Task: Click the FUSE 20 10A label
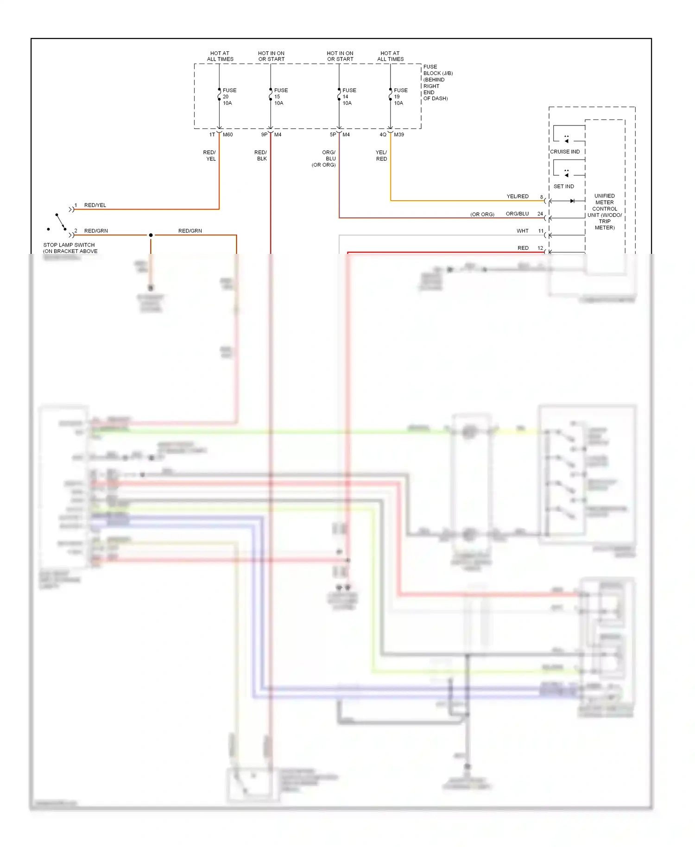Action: coord(229,97)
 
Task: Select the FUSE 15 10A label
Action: coord(280,97)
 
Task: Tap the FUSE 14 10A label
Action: coord(349,97)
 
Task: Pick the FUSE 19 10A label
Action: coord(400,97)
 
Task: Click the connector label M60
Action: coord(227,135)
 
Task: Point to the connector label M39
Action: coord(398,135)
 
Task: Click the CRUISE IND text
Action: coord(564,152)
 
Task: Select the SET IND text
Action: coord(563,187)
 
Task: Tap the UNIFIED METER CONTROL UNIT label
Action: coord(604,212)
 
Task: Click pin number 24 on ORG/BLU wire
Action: coord(540,214)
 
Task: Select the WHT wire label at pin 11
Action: coord(522,231)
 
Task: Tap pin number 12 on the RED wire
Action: coord(540,248)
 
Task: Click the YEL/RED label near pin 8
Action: coord(517,197)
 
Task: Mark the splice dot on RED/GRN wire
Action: coord(151,235)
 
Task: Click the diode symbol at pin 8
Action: coord(572,201)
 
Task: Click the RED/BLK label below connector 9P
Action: coord(261,156)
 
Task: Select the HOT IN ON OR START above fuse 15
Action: coord(271,57)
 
